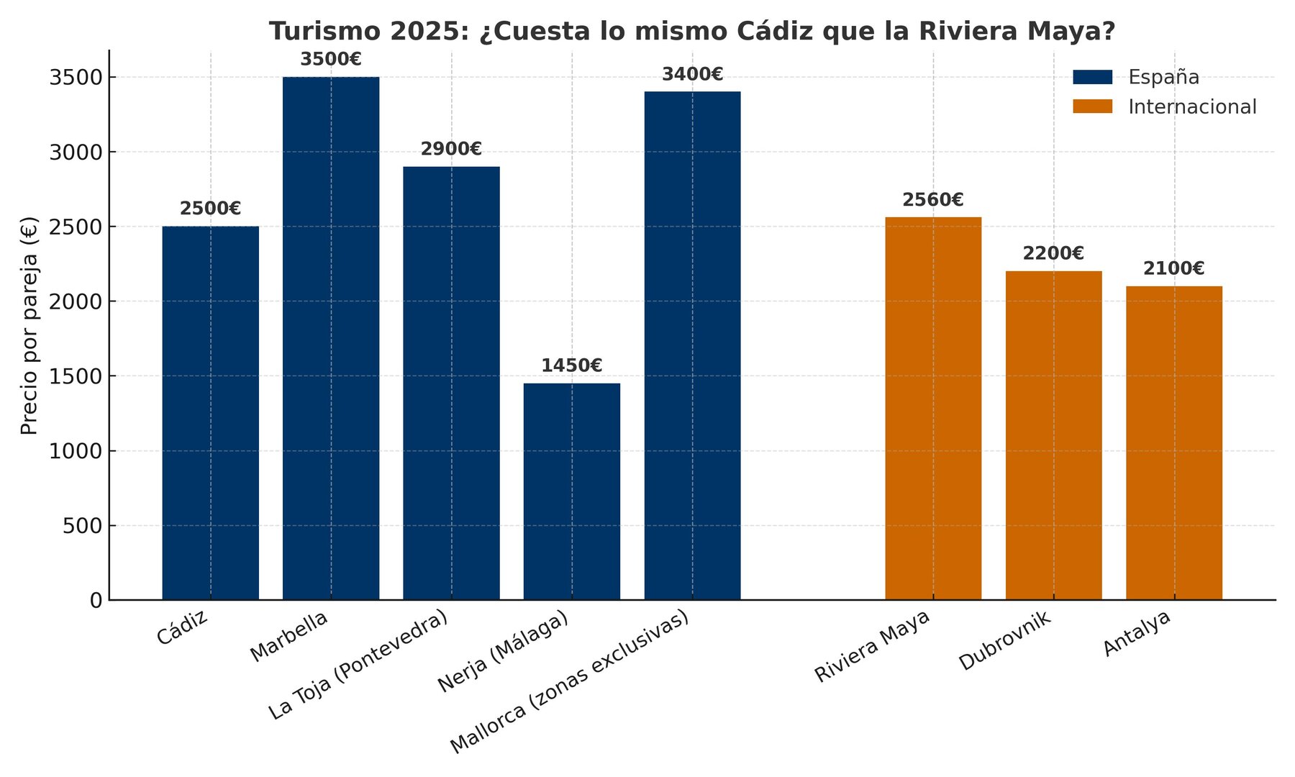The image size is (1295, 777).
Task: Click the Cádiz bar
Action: click(210, 413)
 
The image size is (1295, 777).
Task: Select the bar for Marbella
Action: click(331, 338)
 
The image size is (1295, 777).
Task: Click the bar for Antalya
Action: click(1173, 443)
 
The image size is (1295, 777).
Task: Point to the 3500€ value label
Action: click(331, 60)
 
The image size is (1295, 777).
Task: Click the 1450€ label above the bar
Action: click(571, 365)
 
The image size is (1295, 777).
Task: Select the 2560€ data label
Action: click(933, 200)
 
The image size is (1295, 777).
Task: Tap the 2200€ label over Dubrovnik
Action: click(1053, 253)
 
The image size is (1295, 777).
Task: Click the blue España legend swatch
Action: click(1092, 77)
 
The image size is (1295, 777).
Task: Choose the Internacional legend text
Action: click(1192, 107)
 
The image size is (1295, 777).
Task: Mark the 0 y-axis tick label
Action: click(96, 601)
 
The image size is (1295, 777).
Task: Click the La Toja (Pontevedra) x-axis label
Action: click(358, 665)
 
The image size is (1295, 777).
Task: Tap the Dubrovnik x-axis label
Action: click(1005, 642)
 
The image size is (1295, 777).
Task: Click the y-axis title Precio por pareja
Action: click(29, 325)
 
